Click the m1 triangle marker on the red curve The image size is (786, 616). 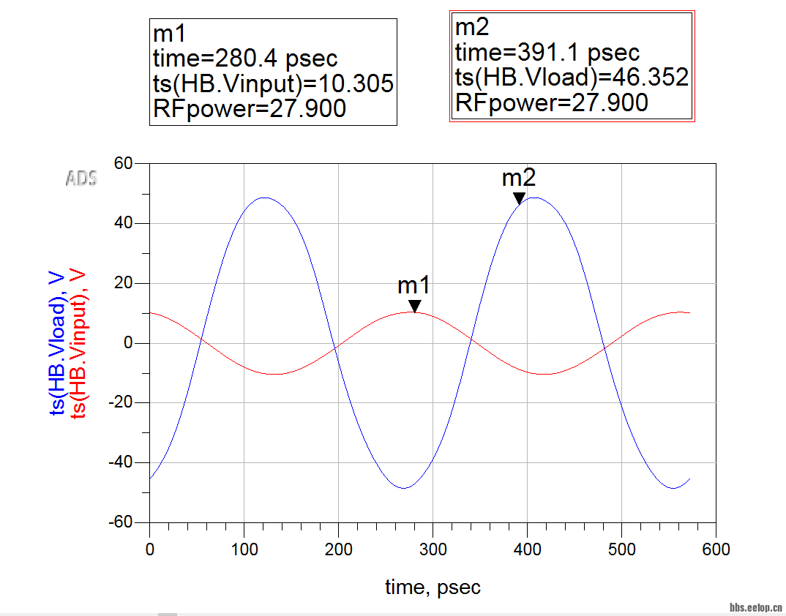point(415,306)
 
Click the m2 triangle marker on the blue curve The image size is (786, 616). point(519,198)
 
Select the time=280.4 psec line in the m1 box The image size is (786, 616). point(245,59)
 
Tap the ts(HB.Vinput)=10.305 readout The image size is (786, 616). point(273,83)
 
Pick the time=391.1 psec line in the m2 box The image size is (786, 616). point(547,53)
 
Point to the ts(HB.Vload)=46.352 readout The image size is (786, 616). point(572,78)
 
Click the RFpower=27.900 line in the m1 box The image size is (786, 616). point(249,109)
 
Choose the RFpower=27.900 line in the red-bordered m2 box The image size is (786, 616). point(551,102)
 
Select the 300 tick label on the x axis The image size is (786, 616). point(433,549)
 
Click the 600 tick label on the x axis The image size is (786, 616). point(716,549)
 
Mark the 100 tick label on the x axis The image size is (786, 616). point(244,549)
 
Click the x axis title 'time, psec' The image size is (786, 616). point(433,587)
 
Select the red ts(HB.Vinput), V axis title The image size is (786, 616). point(78,343)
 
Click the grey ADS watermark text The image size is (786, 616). point(81,178)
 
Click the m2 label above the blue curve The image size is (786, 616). point(518,178)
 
